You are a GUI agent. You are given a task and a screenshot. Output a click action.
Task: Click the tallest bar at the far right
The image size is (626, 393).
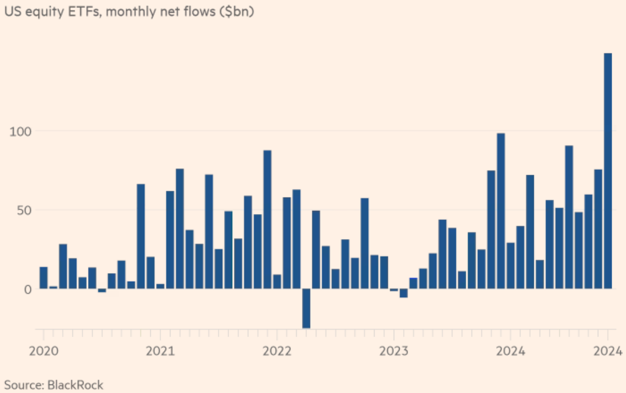tap(607, 170)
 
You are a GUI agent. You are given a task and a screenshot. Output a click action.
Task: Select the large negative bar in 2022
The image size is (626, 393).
tap(306, 308)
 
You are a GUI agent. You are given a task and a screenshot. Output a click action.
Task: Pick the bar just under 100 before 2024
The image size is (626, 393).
tap(501, 211)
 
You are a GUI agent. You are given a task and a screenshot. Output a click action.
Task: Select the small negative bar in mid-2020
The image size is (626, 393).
tap(102, 290)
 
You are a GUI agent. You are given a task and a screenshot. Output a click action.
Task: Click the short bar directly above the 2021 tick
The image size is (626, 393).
tap(160, 286)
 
